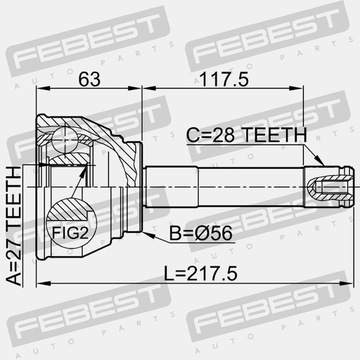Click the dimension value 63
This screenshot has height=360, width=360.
click(89, 79)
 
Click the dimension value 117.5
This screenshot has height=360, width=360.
click(224, 79)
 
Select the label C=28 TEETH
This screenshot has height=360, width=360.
click(246, 135)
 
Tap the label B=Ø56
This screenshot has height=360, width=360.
click(201, 233)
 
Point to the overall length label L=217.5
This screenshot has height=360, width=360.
click(201, 274)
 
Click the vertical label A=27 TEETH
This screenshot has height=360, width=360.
click(14, 227)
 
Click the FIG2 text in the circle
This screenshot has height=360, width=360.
click(70, 233)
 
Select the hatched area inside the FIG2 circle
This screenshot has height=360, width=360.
click(68, 209)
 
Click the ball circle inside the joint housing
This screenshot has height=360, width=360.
click(66, 140)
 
